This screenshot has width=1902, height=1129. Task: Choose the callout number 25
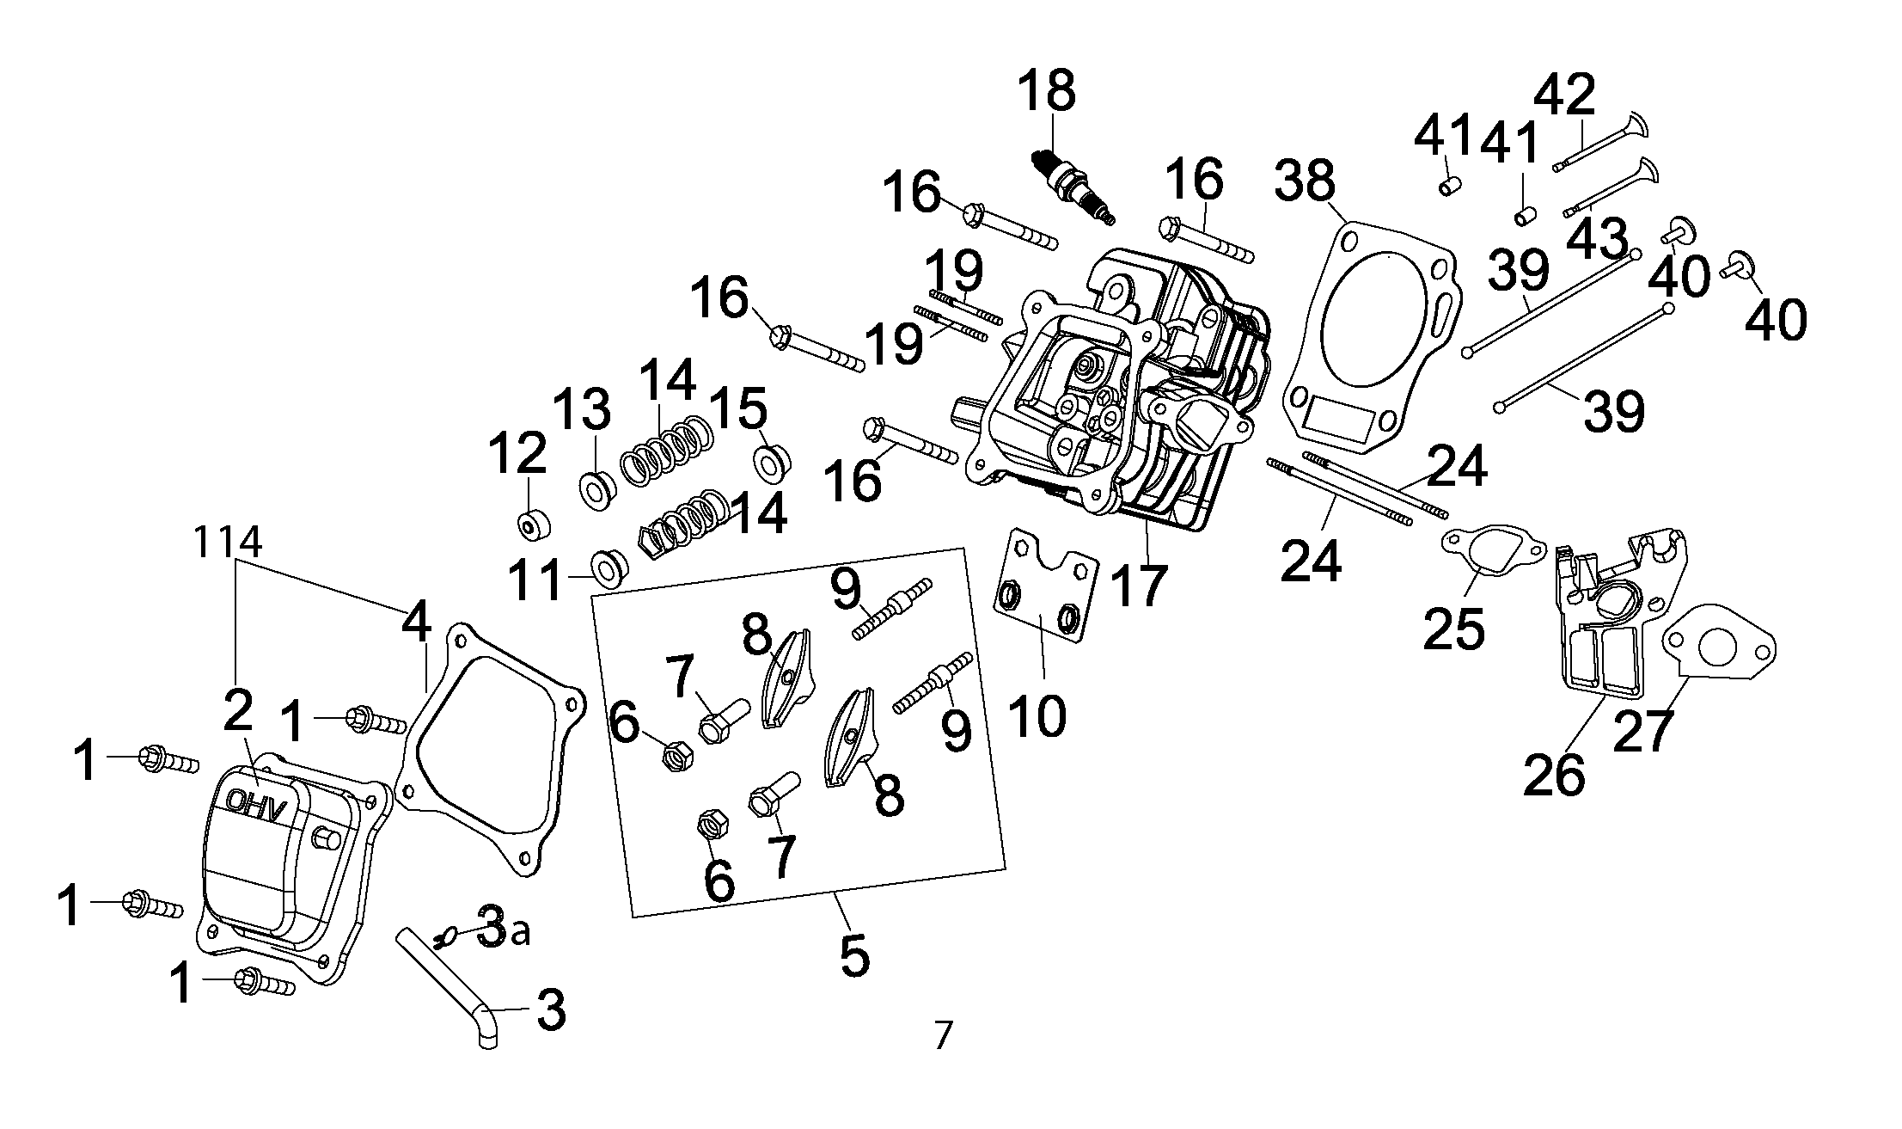[1453, 629]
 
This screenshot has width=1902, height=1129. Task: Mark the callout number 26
[1554, 776]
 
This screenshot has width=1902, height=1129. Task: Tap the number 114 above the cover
[227, 542]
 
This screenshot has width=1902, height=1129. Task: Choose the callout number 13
[581, 410]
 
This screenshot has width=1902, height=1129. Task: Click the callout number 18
[1047, 91]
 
